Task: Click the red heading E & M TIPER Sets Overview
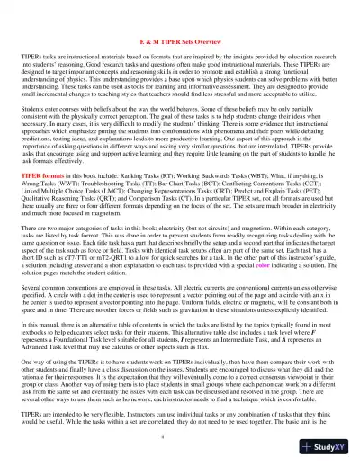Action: click(180, 42)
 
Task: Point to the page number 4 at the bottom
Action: click(180, 435)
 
